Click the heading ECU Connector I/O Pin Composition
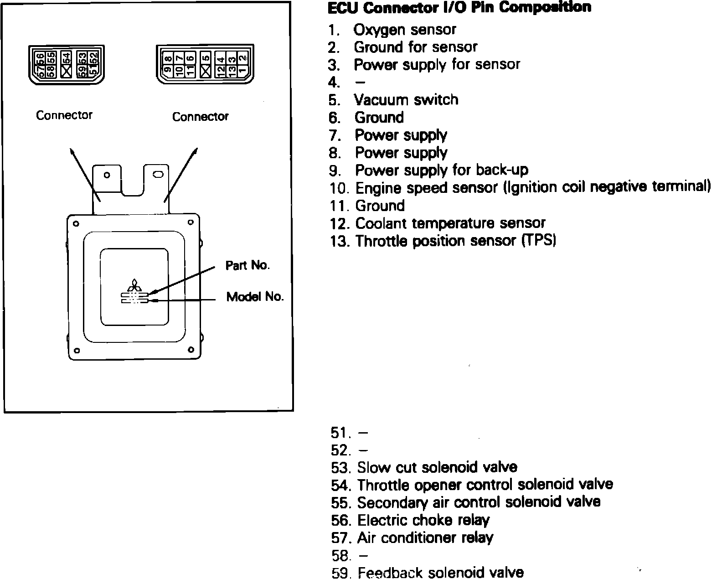[x=459, y=8]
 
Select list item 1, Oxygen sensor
[x=404, y=30]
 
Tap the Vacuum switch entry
[x=406, y=100]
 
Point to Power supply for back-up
[x=441, y=170]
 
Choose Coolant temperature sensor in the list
[x=450, y=223]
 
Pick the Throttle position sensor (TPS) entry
[x=455, y=241]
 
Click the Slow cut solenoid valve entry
[x=437, y=467]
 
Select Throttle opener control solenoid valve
[x=485, y=484]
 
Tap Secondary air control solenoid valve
[x=479, y=502]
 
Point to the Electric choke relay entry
[x=423, y=520]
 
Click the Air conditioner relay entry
[x=425, y=538]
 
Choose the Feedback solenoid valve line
[x=440, y=573]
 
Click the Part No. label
[x=248, y=265]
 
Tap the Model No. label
[x=255, y=297]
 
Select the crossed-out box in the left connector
[x=67, y=71]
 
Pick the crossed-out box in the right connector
[x=206, y=71]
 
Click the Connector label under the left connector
[x=64, y=115]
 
